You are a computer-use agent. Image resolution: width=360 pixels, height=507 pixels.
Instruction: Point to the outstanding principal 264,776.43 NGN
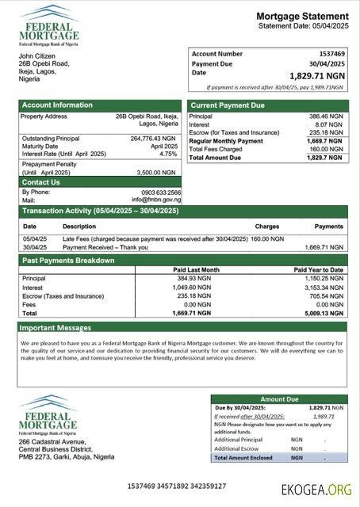click(x=154, y=139)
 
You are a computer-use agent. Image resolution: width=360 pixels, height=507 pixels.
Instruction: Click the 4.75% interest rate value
click(x=168, y=154)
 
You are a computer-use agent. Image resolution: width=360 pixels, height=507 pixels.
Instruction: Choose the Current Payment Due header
click(x=228, y=105)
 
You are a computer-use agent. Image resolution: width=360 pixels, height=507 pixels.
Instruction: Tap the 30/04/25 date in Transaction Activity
click(x=35, y=246)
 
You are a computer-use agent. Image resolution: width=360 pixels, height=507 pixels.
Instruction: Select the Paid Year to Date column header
click(x=319, y=269)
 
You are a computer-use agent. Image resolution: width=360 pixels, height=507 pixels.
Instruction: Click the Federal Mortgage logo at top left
click(x=49, y=25)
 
